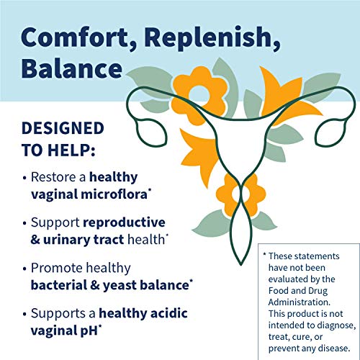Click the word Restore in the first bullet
click(58, 177)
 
